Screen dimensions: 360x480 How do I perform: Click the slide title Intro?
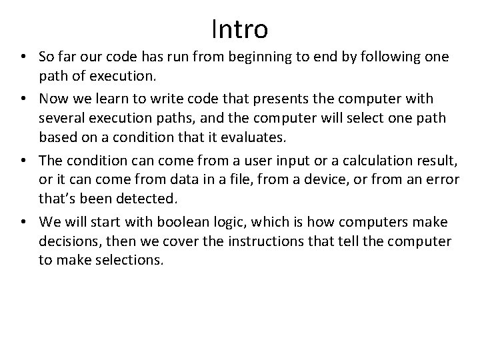[239, 29]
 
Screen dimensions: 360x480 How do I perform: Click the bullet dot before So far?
[25, 59]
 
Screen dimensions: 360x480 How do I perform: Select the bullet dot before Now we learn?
[25, 99]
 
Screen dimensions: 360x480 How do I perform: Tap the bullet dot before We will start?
[25, 221]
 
